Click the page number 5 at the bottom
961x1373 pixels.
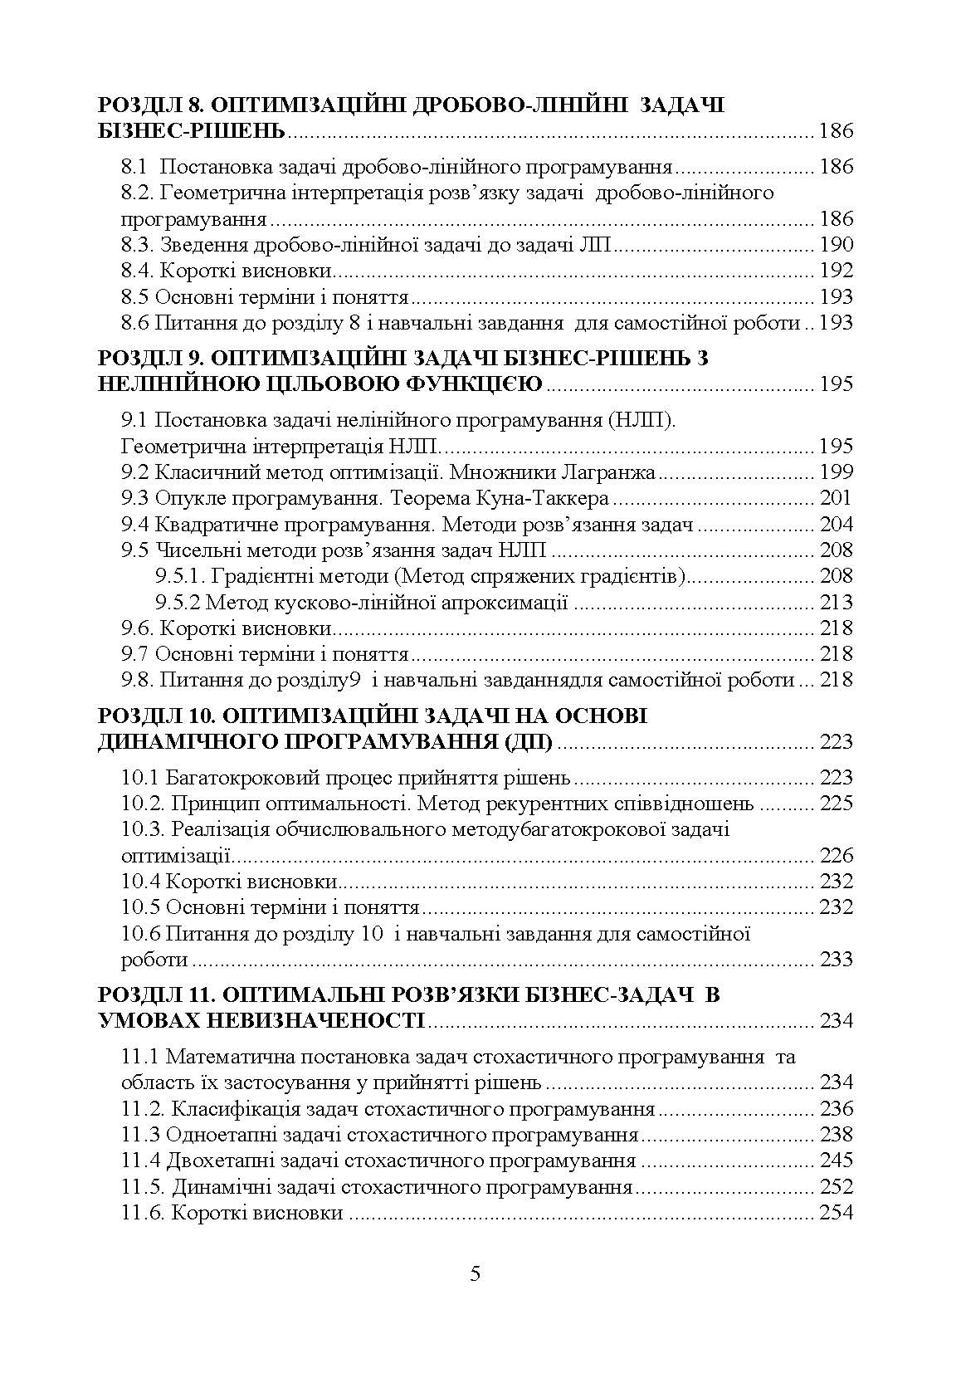click(x=475, y=1274)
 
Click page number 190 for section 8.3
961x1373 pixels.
click(x=836, y=245)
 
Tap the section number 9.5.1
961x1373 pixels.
click(x=179, y=576)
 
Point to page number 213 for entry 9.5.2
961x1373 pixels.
click(x=836, y=602)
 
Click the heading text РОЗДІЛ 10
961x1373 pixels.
click(x=154, y=716)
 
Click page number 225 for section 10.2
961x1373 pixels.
click(x=836, y=804)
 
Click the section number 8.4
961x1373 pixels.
click(x=137, y=271)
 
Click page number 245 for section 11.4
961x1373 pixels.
click(x=836, y=1160)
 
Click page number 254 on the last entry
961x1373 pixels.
click(x=836, y=1213)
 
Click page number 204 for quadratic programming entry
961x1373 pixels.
click(x=836, y=525)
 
